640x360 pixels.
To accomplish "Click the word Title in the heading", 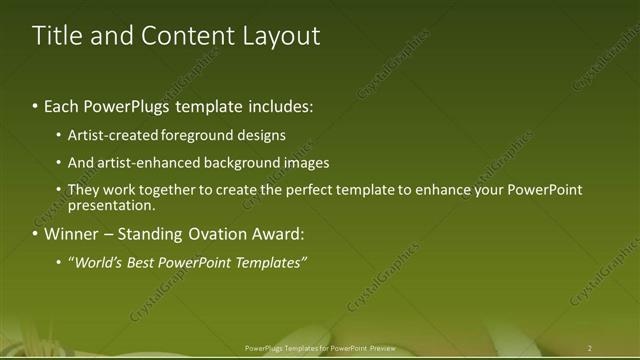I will pos(56,36).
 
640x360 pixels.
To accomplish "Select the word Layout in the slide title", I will pos(281,36).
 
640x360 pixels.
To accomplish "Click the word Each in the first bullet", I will pos(62,106).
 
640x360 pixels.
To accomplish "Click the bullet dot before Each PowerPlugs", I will pos(36,106).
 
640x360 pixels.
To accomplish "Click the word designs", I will pos(261,135).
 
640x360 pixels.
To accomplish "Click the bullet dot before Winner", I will pos(36,235).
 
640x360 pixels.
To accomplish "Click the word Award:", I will pos(277,235).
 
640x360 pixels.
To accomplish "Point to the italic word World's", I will pos(94,263).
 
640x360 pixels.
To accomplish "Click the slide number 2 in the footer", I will pos(590,348).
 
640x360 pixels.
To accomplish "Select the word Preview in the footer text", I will pos(382,348).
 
